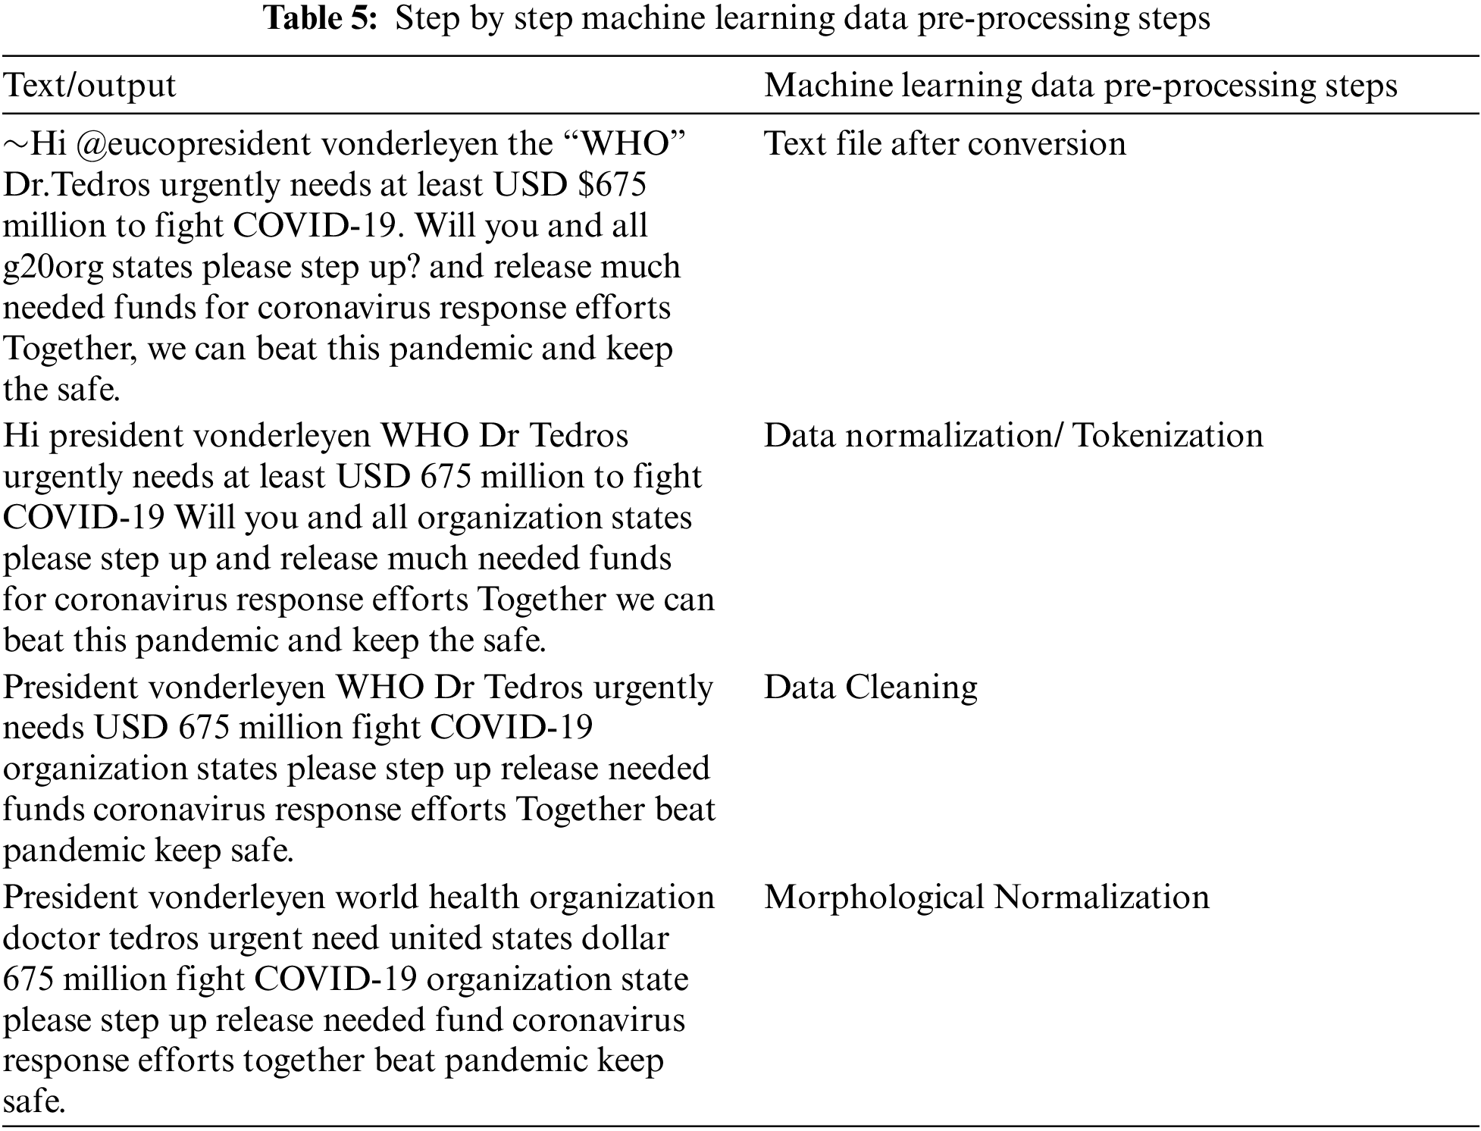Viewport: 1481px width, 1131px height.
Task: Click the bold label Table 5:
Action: point(321,19)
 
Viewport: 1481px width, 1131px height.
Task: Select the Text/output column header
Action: point(89,85)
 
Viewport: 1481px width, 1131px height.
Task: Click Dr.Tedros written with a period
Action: point(77,185)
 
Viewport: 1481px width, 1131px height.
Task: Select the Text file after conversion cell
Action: point(944,144)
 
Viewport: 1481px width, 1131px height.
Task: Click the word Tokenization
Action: point(1168,436)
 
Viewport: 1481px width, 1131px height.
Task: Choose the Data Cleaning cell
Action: point(870,687)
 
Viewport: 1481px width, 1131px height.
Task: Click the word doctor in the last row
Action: point(51,938)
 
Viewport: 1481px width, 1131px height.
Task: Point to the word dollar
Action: point(625,938)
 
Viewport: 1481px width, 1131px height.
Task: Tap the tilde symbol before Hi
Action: point(15,144)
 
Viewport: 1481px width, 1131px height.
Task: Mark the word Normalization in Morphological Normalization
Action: point(1101,898)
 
